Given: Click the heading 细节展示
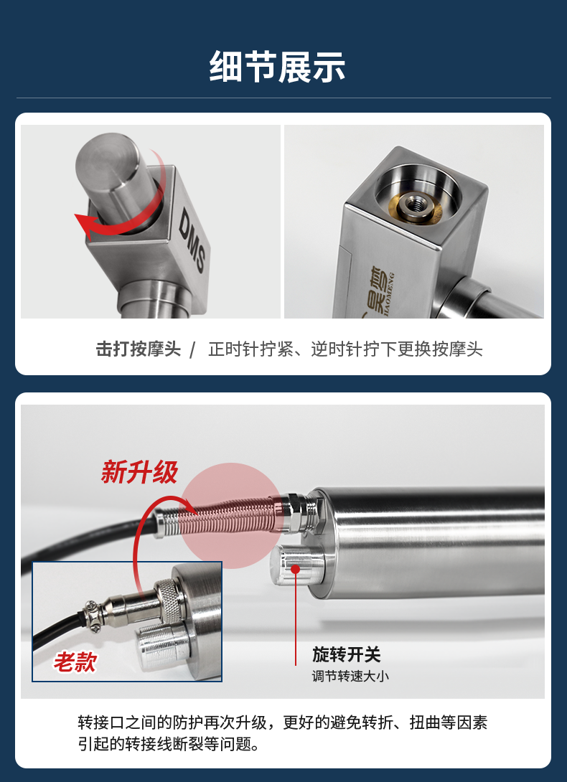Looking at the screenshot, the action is (277, 66).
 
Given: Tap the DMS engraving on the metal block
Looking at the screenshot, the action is (192, 240).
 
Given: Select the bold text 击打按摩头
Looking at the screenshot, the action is (139, 349).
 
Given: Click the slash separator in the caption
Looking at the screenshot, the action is (193, 349).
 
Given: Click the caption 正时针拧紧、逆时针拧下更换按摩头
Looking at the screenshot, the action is (345, 349).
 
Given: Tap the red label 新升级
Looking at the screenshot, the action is (139, 472).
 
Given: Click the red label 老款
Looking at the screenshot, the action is (75, 663).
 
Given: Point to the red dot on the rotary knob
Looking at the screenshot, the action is (296, 568).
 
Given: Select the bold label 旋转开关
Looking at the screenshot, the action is (347, 654).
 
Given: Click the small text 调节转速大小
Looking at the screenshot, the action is (350, 677).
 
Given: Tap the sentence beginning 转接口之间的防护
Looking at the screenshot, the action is (283, 722).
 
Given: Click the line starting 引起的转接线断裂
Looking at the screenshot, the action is (169, 745).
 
